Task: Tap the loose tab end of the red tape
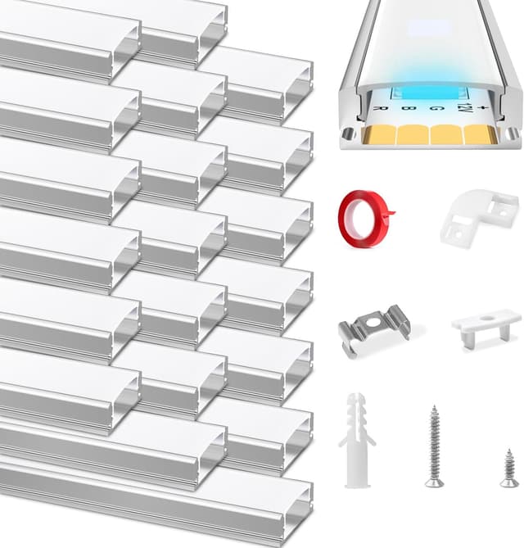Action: coord(388,216)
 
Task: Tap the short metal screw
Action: coord(509,468)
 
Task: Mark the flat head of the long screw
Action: coord(434,483)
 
